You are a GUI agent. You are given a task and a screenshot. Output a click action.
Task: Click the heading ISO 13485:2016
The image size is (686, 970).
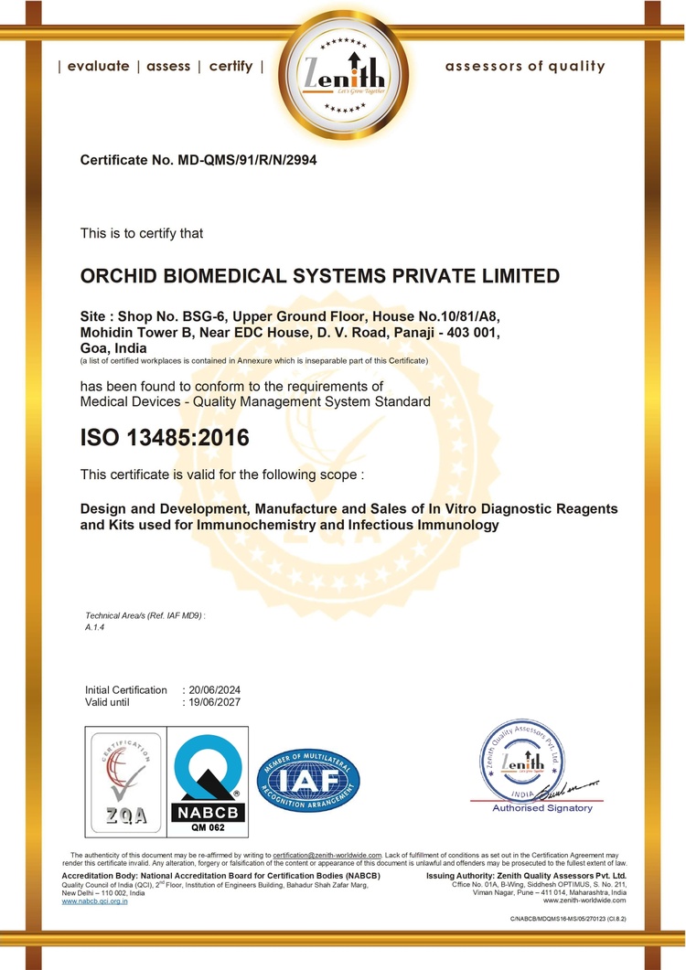(165, 438)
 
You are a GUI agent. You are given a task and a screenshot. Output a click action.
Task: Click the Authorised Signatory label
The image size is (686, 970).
(542, 808)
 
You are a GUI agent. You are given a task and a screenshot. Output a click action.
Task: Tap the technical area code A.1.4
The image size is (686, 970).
(95, 629)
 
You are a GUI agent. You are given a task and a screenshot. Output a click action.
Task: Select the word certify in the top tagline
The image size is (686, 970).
(230, 67)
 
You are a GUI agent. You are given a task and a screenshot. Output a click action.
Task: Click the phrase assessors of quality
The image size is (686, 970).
(525, 66)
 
